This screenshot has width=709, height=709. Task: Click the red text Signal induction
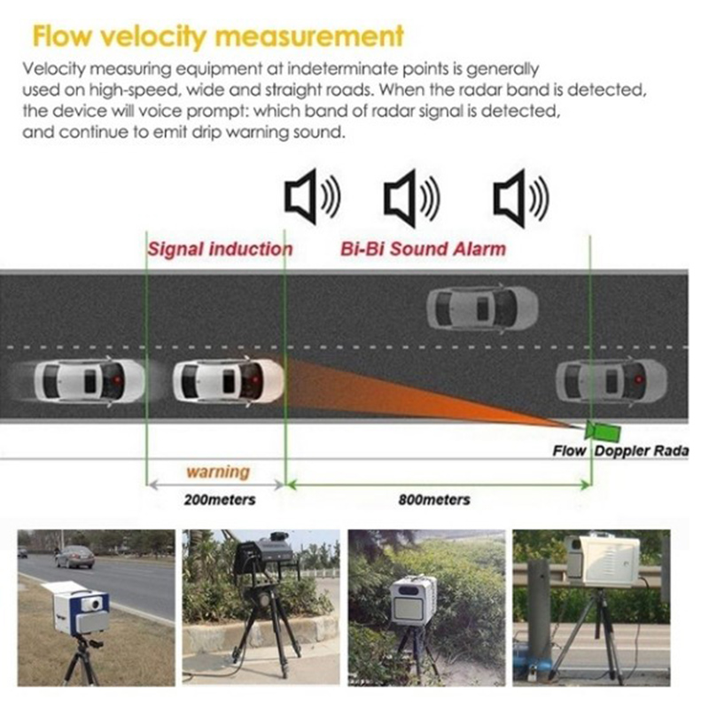click(x=219, y=248)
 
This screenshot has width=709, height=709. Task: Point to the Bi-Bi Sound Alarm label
click(x=423, y=248)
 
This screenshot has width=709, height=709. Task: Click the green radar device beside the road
click(x=603, y=430)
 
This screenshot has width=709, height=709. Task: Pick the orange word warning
click(x=217, y=471)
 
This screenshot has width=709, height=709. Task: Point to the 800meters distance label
click(x=434, y=500)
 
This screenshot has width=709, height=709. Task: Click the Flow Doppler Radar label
click(x=620, y=450)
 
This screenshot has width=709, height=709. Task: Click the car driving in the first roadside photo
click(x=74, y=557)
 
